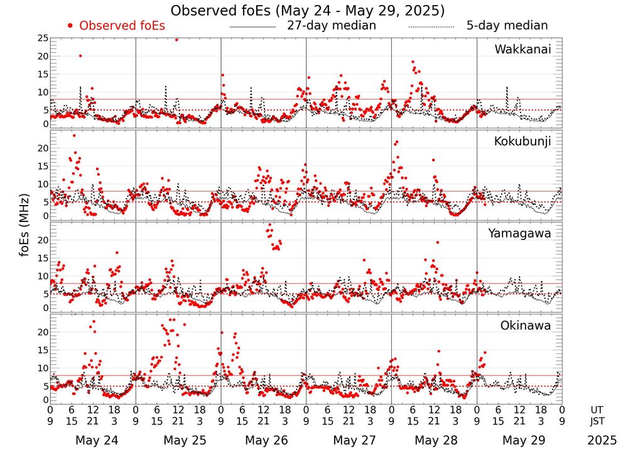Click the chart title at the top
click(x=308, y=11)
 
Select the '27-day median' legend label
click(x=331, y=26)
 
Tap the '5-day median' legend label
click(x=507, y=26)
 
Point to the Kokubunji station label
click(x=522, y=141)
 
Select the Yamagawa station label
click(x=520, y=233)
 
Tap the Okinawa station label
click(x=526, y=326)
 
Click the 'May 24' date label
click(x=92, y=440)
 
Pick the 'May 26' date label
click(x=263, y=440)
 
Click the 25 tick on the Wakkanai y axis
click(x=43, y=38)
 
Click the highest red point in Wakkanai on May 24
click(x=80, y=55)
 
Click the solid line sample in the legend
click(x=252, y=27)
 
